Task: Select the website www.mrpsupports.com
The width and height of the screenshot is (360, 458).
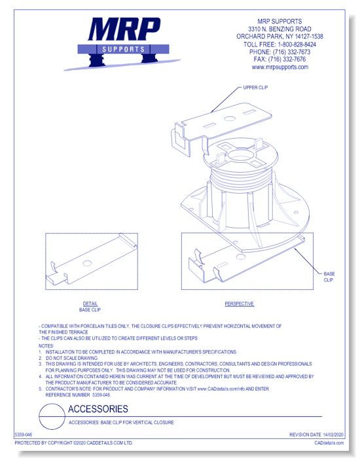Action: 279,67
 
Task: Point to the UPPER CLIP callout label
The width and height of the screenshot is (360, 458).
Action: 255,87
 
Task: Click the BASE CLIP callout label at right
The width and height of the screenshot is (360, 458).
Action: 329,276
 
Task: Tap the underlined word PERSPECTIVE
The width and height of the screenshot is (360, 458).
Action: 239,304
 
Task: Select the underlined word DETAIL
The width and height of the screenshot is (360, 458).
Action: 90,304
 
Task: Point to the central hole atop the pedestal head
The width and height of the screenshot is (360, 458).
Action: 237,157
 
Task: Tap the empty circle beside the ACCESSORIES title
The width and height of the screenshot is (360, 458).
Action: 52,415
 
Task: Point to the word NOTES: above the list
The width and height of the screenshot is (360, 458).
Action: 46,345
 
